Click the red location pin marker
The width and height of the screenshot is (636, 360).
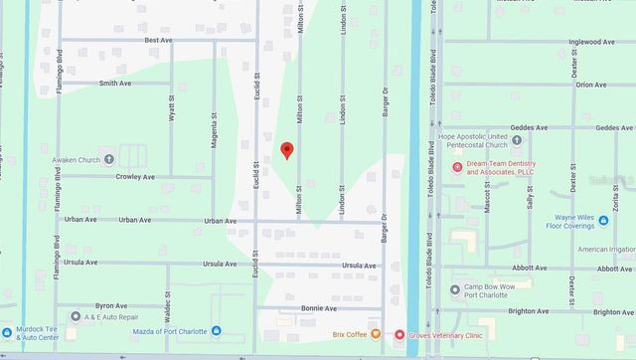coord(287,150)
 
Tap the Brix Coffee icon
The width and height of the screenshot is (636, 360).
coord(376,334)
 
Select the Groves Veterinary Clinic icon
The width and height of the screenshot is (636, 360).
coord(399,335)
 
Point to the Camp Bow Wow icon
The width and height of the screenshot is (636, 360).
coord(455,290)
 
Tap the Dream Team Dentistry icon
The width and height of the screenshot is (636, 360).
coord(457,166)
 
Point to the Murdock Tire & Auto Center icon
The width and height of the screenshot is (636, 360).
coord(7,331)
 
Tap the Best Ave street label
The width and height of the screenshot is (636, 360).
coord(158,40)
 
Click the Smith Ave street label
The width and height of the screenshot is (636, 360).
coord(115,84)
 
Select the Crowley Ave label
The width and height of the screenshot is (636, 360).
coord(134,177)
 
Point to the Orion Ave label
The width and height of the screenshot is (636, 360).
coord(591,85)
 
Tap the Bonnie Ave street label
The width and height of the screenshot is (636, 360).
coord(320,309)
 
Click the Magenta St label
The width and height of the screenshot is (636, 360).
coord(214,128)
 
